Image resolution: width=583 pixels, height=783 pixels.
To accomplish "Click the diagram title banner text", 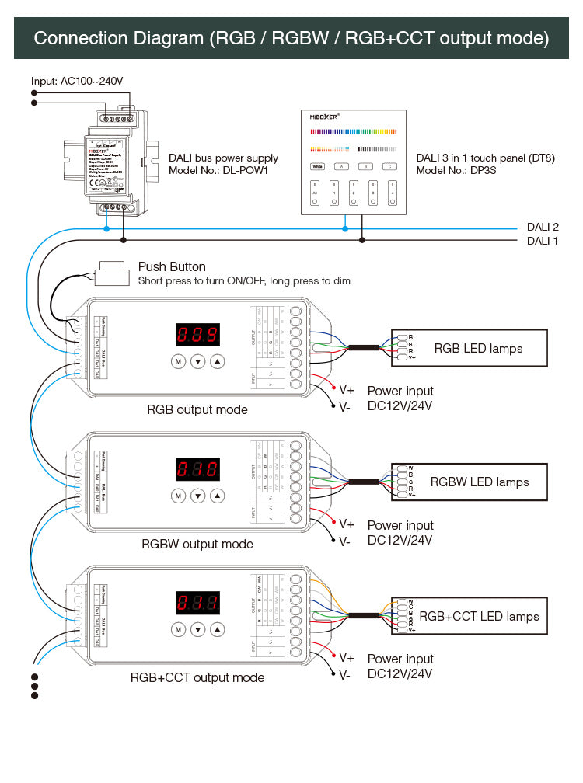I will [x=291, y=38].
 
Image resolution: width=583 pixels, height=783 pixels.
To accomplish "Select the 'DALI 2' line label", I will [x=543, y=227].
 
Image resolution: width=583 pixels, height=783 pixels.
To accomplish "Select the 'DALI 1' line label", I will [x=543, y=241].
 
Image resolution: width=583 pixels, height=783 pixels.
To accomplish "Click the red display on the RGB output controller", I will [x=197, y=336].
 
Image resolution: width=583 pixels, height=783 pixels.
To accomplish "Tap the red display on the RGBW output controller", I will [x=197, y=470].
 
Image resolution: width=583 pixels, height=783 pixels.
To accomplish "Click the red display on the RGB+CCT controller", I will [x=197, y=604].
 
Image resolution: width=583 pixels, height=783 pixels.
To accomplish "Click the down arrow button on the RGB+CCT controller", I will [x=197, y=629].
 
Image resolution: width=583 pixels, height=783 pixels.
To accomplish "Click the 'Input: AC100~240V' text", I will [x=77, y=81].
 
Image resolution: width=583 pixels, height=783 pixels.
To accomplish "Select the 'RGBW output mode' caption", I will [x=197, y=544].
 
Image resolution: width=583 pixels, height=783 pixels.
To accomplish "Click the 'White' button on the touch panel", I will [x=317, y=166].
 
